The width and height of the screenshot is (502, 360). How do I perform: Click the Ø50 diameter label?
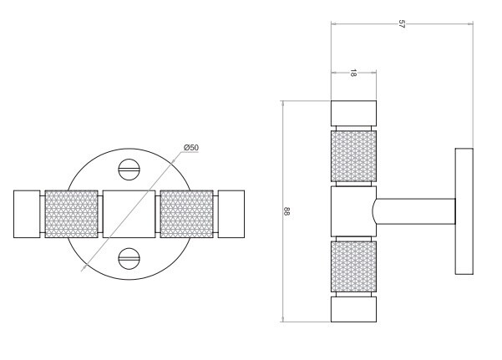pos(191,148)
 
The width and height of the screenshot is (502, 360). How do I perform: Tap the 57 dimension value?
pos(402,24)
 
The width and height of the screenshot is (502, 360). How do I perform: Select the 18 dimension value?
pos(352,73)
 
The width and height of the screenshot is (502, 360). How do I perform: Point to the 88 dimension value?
pos(286,211)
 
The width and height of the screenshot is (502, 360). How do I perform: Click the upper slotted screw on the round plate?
pos(129,170)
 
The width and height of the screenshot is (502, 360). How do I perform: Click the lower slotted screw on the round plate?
pos(129,258)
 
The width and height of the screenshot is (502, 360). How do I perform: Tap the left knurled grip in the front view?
pos(71,214)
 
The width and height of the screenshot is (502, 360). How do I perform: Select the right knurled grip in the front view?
pos(186,214)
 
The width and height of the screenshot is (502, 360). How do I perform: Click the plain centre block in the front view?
pos(129,214)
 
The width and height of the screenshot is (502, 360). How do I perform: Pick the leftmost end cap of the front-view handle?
pos(27,214)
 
